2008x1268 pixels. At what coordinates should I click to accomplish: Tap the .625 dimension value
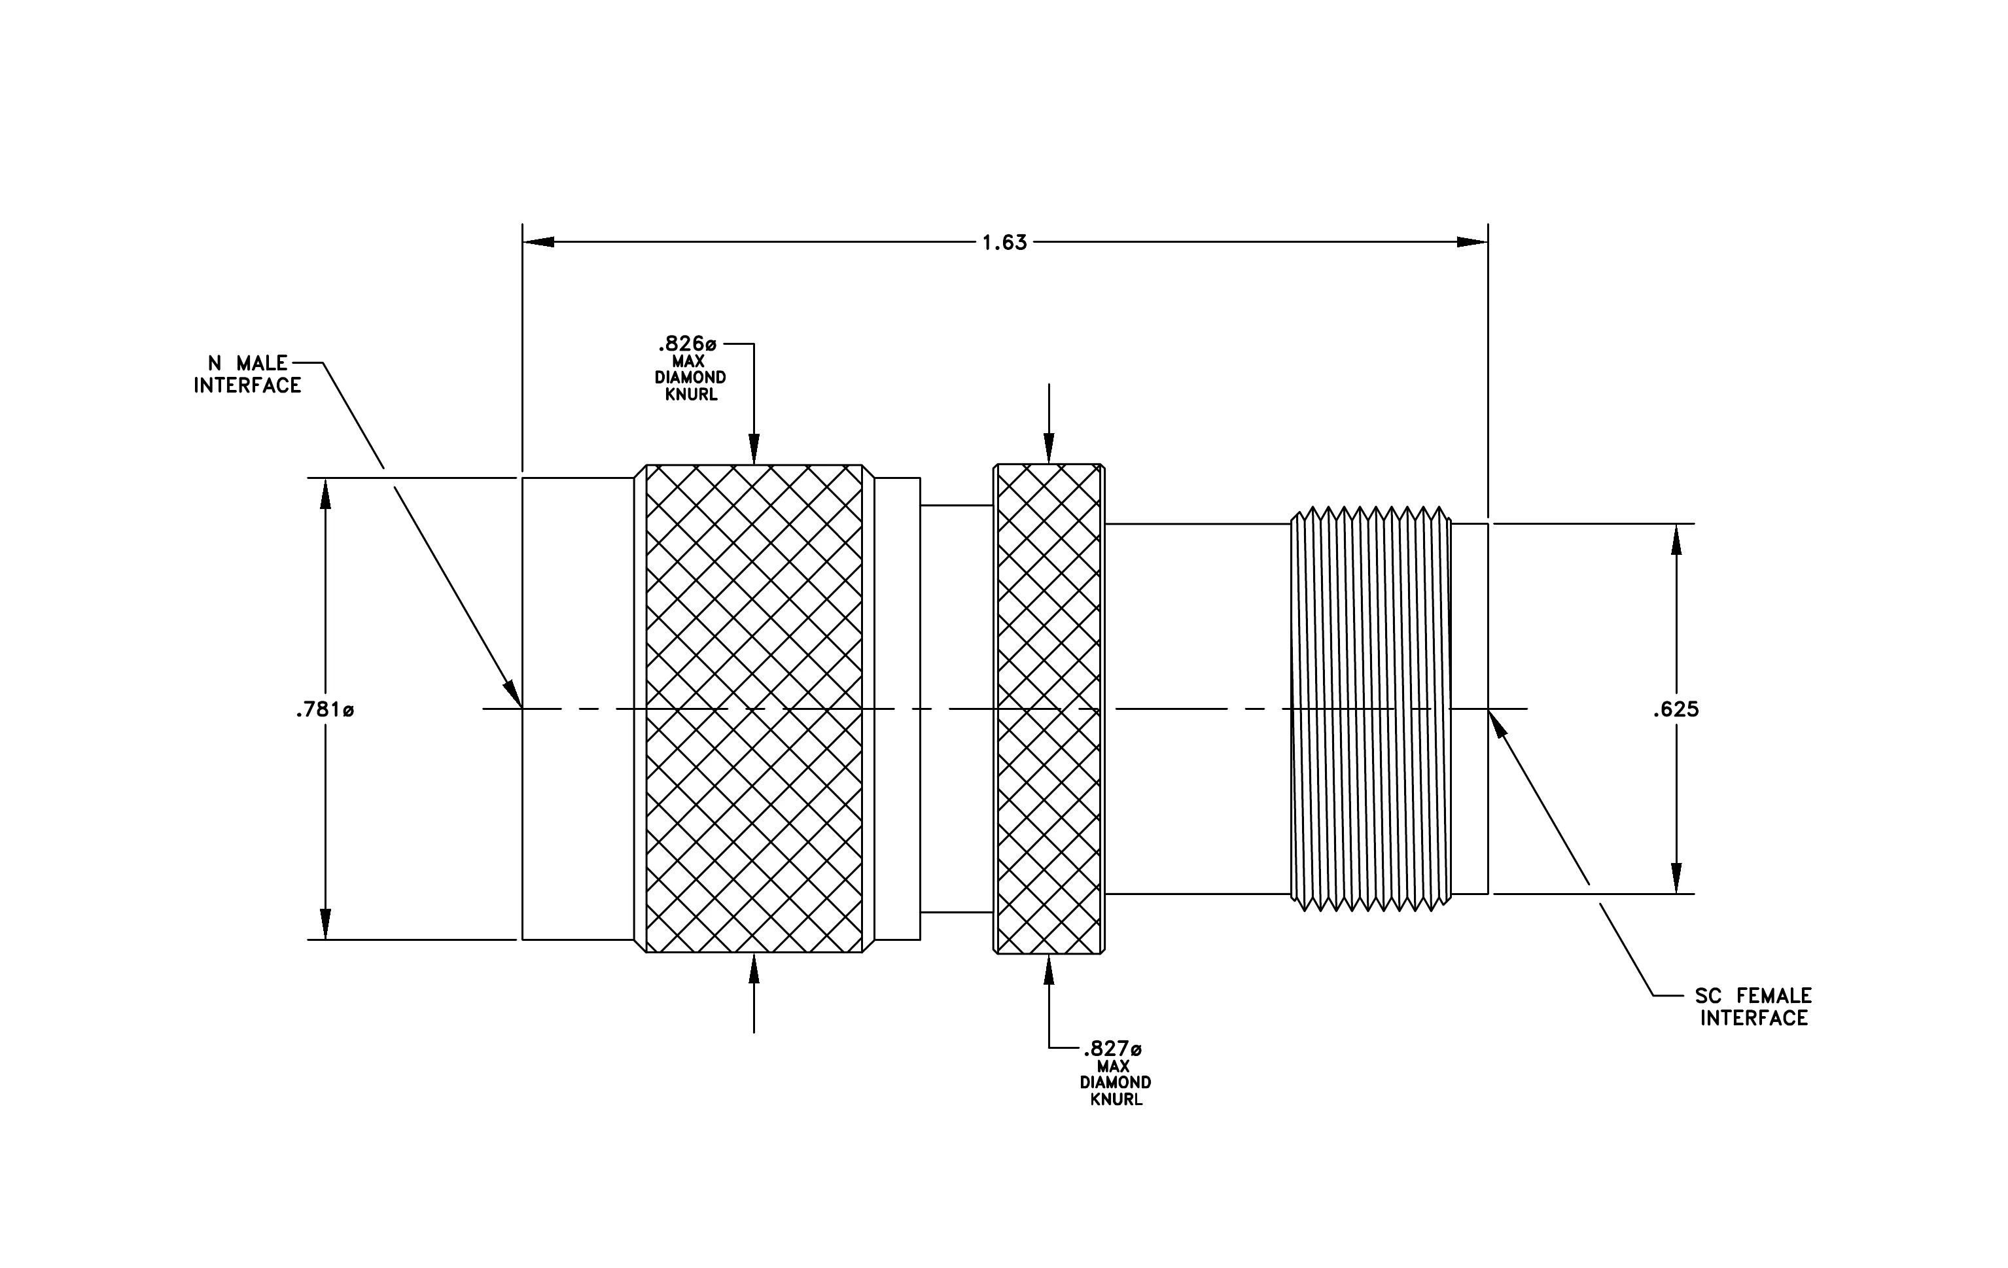click(1676, 709)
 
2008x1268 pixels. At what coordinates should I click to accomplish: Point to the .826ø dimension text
click(688, 343)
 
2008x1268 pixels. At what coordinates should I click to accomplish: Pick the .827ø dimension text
click(1112, 1049)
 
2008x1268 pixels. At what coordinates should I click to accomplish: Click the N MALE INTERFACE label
click(248, 374)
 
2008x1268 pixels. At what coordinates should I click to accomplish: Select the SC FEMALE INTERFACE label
click(1753, 1006)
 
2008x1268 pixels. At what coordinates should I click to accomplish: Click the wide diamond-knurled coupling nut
click(754, 709)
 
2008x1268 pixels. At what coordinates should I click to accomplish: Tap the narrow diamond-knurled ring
click(1049, 709)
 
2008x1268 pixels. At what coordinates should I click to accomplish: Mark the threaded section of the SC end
click(1371, 709)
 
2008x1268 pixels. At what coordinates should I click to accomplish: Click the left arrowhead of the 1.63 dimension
click(538, 243)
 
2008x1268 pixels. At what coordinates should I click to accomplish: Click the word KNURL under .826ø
click(692, 395)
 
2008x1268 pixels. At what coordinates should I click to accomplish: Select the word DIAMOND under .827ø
click(1116, 1083)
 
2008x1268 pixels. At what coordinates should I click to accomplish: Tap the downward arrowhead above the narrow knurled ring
click(1049, 448)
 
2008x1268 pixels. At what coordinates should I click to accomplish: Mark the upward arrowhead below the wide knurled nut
click(754, 970)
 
